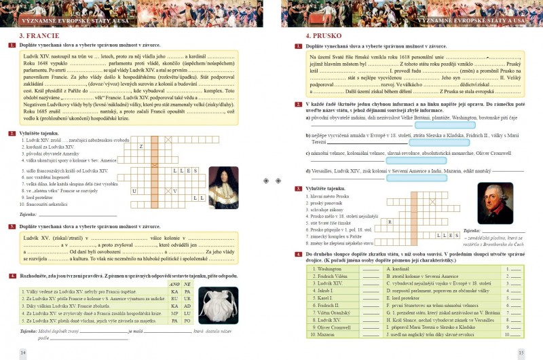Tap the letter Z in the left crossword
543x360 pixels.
pyautogui.click(x=141, y=146)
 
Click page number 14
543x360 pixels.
pyautogui.click(x=22, y=352)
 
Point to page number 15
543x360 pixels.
pyautogui.click(x=521, y=352)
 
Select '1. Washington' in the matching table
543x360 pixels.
pyautogui.click(x=333, y=269)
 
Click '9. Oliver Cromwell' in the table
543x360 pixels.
pyautogui.click(x=337, y=327)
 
